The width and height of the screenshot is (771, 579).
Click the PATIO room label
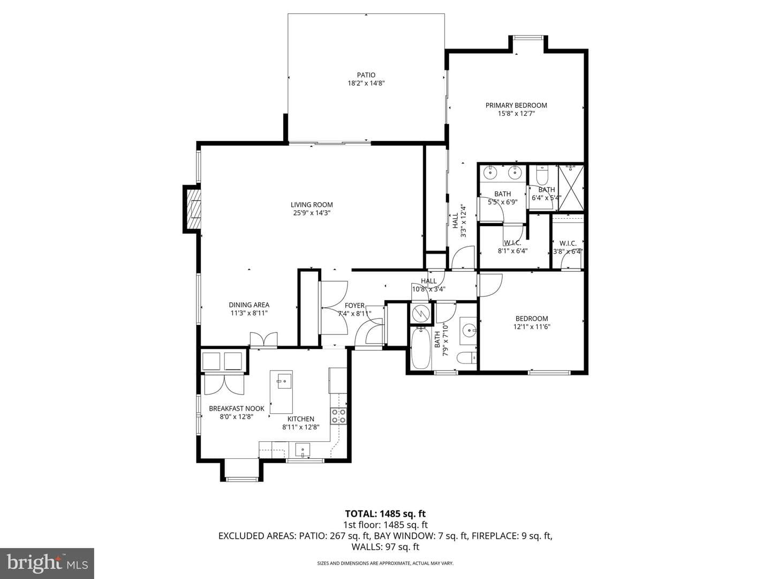(x=366, y=75)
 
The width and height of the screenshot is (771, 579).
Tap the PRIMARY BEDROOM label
(x=516, y=105)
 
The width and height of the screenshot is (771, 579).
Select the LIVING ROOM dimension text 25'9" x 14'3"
(x=312, y=213)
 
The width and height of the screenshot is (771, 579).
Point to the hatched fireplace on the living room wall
(x=193, y=209)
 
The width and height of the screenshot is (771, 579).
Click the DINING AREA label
(x=249, y=305)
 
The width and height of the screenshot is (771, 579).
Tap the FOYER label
(x=354, y=306)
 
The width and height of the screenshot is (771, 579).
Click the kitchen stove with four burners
(x=338, y=416)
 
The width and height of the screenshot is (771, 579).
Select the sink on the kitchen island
(x=284, y=381)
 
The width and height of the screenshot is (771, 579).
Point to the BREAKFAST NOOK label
(x=237, y=409)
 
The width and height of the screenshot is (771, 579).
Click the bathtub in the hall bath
(x=420, y=348)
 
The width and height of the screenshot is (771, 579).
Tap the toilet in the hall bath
(x=466, y=358)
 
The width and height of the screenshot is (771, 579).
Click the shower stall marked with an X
(x=571, y=188)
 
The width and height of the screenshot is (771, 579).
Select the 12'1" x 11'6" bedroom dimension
(x=532, y=326)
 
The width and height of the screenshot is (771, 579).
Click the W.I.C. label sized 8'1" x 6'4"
(x=512, y=243)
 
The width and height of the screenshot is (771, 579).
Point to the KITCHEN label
(x=301, y=419)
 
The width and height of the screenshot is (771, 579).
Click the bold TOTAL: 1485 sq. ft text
(x=385, y=514)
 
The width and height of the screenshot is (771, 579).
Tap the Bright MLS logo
(x=47, y=563)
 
